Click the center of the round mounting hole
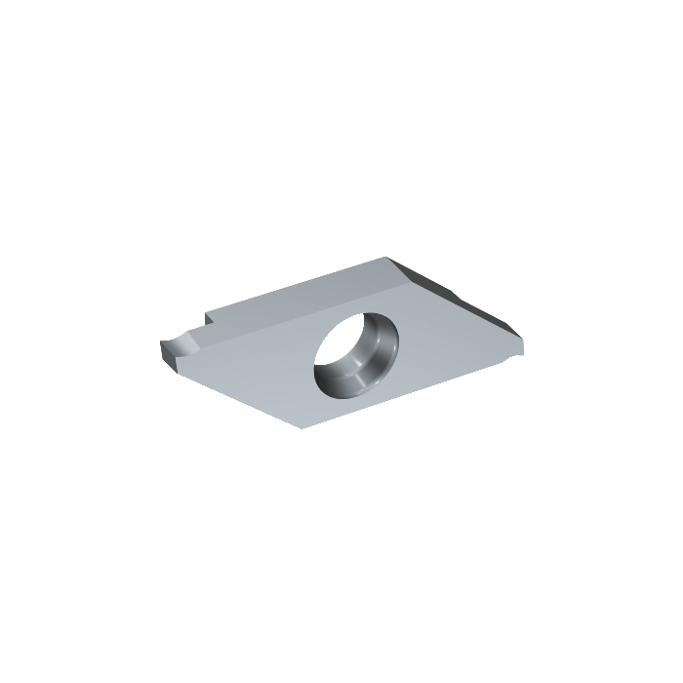pos(356,352)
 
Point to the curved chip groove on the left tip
pos(178,344)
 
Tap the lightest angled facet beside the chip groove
pos(191,346)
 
